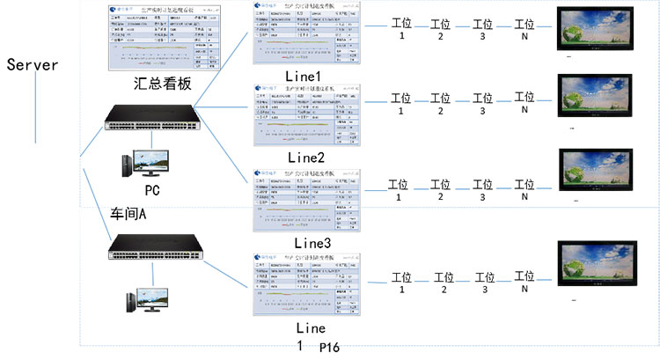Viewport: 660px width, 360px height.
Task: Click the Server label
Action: pyautogui.click(x=32, y=65)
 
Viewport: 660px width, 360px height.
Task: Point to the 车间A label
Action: pyautogui.click(x=128, y=214)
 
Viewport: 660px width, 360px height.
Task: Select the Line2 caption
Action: pyautogui.click(x=306, y=158)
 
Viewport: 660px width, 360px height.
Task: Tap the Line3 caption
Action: pyautogui.click(x=312, y=242)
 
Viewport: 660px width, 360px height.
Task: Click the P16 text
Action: pyautogui.click(x=329, y=348)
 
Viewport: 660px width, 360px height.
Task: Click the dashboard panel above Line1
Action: pyautogui.click(x=305, y=33)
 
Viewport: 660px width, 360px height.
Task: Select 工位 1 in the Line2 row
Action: pyautogui.click(x=401, y=104)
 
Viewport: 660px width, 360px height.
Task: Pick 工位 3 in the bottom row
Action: pyautogui.click(x=483, y=282)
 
